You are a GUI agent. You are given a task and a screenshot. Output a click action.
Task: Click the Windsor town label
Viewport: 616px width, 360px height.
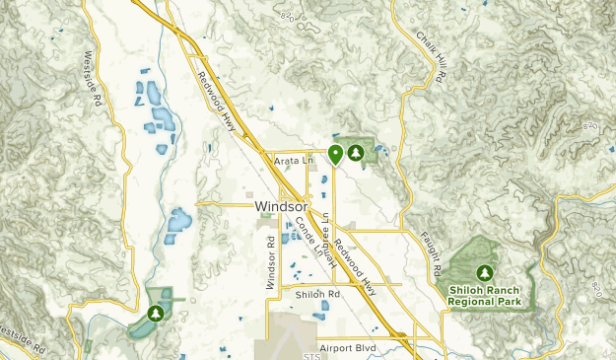pyautogui.click(x=282, y=207)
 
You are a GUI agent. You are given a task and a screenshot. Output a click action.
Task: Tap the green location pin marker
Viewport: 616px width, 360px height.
pyautogui.click(x=335, y=154)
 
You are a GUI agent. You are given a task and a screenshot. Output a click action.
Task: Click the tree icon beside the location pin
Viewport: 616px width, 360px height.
pyautogui.click(x=356, y=153)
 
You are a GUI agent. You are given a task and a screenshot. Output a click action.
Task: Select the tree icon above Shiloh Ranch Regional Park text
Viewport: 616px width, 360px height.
pyautogui.click(x=485, y=272)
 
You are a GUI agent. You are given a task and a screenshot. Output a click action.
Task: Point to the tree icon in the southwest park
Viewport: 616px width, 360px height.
pyautogui.click(x=156, y=313)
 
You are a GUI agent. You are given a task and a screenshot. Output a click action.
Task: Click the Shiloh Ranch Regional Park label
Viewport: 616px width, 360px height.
pyautogui.click(x=485, y=295)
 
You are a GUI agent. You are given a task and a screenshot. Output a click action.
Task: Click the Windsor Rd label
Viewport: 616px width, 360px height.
pyautogui.click(x=269, y=260)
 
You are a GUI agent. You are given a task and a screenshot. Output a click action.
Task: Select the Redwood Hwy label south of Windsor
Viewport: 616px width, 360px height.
pyautogui.click(x=356, y=263)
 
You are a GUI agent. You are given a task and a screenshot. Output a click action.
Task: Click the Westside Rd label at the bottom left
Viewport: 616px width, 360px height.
pyautogui.click(x=22, y=341)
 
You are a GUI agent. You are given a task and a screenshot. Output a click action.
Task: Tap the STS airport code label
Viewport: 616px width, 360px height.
pyautogui.click(x=313, y=353)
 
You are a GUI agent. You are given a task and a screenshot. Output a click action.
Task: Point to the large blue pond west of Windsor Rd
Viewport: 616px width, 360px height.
pyautogui.click(x=178, y=225)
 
